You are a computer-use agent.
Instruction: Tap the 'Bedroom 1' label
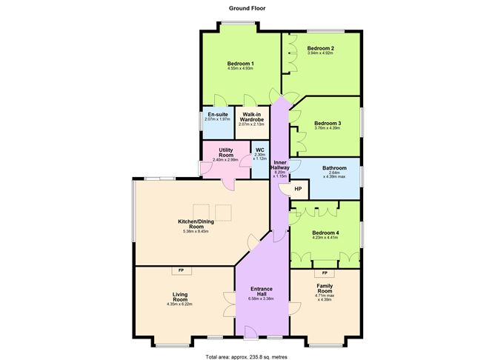(x=241, y=64)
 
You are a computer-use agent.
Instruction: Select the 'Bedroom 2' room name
(x=321, y=48)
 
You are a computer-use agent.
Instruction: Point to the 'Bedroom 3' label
(x=327, y=123)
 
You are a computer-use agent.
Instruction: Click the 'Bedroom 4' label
(x=326, y=233)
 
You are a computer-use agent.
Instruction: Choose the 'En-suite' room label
(x=217, y=115)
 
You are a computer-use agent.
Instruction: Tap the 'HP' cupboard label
(x=298, y=189)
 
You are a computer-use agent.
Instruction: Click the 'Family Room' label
(x=325, y=288)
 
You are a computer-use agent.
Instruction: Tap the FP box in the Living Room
(x=181, y=270)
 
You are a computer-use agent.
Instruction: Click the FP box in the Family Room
(x=325, y=274)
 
